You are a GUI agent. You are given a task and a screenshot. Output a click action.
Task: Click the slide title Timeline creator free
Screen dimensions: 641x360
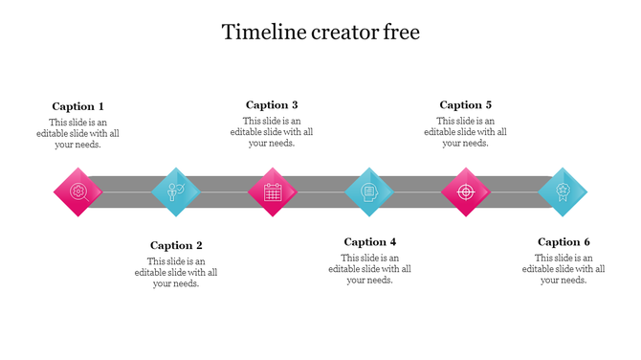point(320,33)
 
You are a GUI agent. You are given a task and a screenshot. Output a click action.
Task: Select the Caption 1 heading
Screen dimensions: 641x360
point(78,106)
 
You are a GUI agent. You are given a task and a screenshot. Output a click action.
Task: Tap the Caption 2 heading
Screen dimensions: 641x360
point(176,245)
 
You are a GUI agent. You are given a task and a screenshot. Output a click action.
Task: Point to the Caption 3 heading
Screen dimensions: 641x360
point(272,105)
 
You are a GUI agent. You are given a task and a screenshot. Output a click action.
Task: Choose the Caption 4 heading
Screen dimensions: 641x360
point(370,242)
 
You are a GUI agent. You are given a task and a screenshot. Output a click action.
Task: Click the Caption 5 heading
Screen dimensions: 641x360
point(466,105)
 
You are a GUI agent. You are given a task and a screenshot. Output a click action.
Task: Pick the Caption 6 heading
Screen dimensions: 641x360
point(564,242)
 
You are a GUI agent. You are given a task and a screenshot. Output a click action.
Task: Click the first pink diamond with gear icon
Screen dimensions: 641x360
point(77,191)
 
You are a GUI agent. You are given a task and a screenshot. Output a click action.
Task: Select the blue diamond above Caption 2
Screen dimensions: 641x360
point(176,191)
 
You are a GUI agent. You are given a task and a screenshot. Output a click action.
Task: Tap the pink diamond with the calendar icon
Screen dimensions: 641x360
point(273,191)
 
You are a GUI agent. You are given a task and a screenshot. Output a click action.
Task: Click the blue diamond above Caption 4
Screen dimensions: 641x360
point(369,191)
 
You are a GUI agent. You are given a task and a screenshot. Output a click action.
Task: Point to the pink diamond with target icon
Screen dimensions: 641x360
point(466,191)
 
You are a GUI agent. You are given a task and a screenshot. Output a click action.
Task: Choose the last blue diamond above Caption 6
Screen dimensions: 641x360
point(563,191)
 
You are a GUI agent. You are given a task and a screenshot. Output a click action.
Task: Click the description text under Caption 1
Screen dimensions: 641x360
point(84,133)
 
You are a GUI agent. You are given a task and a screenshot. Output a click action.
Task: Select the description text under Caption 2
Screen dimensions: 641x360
point(176,272)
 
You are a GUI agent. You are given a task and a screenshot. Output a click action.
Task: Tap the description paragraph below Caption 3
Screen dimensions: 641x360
point(272,132)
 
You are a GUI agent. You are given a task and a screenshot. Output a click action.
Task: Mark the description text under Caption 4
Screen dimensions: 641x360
point(370,269)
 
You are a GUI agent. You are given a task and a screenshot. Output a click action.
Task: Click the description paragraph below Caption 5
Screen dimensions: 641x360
point(466,132)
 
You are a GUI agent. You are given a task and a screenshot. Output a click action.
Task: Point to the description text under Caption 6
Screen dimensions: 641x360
point(564,269)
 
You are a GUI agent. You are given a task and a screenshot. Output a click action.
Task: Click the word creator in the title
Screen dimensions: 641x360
point(332,33)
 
